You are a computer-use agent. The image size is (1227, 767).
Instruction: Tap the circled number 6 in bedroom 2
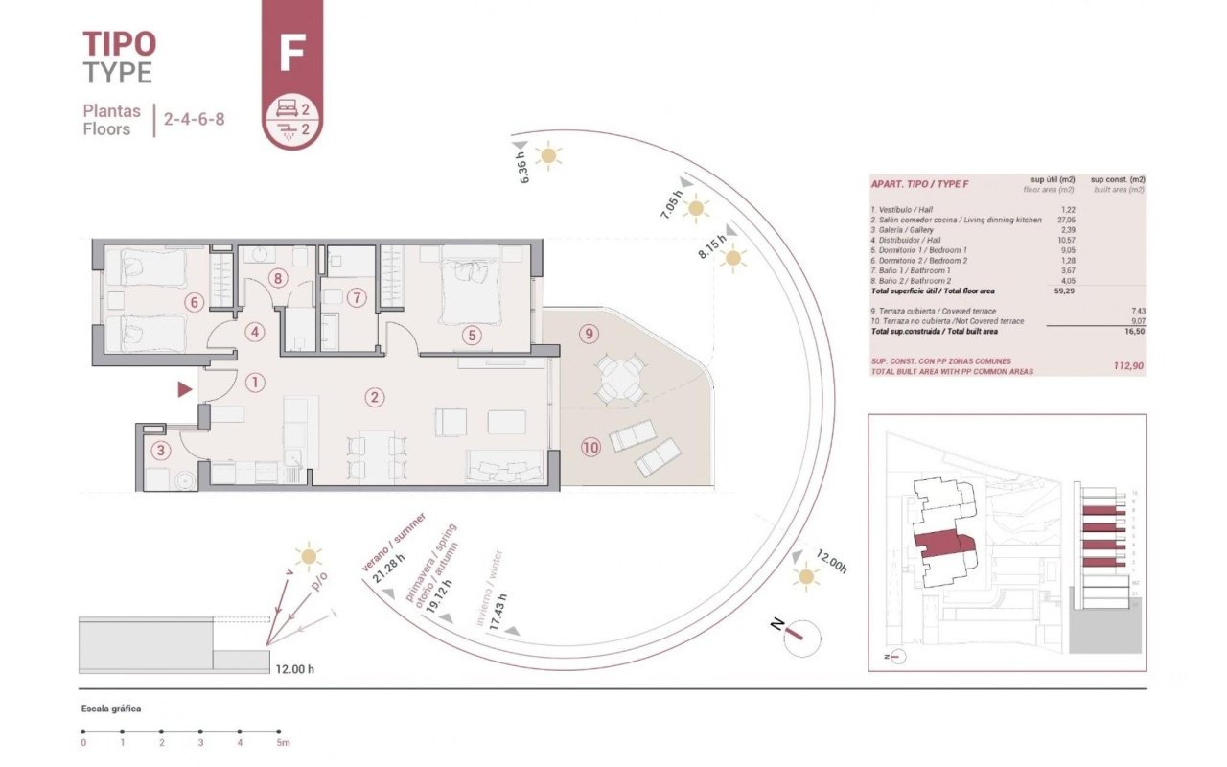[x=194, y=302]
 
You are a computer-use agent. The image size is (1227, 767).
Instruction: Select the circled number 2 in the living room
[x=375, y=396]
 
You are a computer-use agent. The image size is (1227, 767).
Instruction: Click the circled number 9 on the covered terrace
[x=589, y=334]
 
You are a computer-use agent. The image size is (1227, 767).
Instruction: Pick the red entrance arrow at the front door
[x=184, y=389]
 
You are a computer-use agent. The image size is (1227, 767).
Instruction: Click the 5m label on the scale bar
[x=282, y=743]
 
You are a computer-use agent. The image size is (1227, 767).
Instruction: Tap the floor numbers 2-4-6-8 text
[x=194, y=121]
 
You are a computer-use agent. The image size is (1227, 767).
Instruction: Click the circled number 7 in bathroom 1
[x=357, y=297]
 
